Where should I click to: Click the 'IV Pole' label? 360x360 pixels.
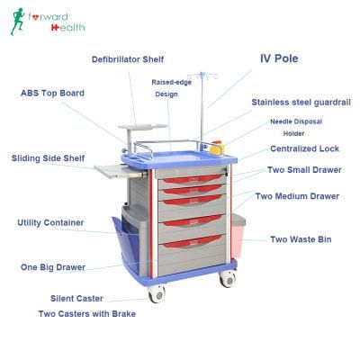279,58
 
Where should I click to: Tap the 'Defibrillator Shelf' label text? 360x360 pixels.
128,59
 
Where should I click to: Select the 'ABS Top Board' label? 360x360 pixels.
52,93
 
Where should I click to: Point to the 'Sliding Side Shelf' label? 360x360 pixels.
48,158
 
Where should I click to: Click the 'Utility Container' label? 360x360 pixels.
50,223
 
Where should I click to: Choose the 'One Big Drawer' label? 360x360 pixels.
53,267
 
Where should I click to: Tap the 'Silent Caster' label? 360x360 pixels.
76,299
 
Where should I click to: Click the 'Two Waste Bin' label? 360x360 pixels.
301,239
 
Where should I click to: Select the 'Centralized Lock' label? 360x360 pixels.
304,148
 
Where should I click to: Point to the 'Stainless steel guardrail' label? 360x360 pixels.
301,103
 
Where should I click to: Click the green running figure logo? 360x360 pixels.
17,22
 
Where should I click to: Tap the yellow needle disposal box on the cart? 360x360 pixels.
217,148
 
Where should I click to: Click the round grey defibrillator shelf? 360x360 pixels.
142,127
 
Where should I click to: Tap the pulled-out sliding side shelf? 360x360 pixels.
120,171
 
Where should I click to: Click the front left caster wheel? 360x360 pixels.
157,294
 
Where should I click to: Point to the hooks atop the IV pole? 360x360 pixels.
202,76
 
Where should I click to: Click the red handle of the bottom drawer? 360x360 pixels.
193,241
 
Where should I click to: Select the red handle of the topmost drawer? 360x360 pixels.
193,179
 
